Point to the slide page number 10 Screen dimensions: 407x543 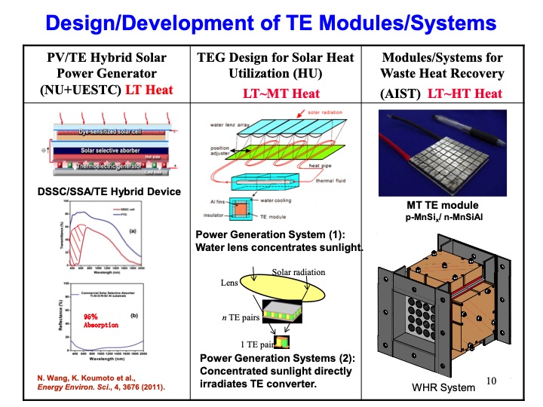click(x=492, y=382)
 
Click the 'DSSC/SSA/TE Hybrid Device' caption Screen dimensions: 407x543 click(x=109, y=191)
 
